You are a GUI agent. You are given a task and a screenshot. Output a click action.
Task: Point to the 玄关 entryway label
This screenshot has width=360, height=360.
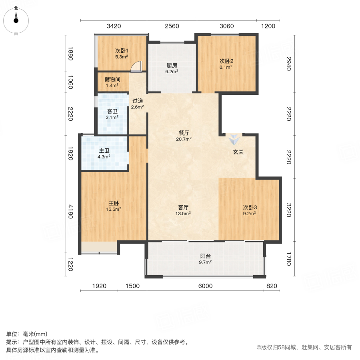tap(239, 152)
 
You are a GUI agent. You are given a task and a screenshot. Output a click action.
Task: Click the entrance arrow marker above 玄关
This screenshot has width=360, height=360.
tap(233, 140)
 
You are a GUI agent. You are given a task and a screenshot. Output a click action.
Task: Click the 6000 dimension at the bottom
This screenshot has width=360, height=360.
tap(204, 286)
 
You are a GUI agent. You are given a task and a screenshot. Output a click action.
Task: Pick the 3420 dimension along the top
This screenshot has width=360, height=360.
tap(114, 26)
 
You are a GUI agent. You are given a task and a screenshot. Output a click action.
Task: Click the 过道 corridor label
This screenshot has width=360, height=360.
tap(138, 104)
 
